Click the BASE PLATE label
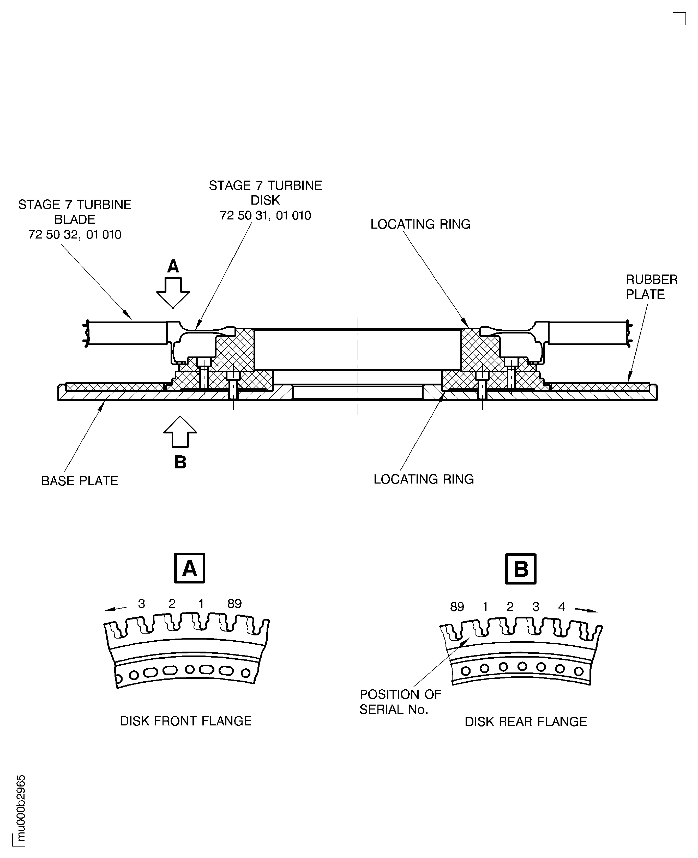coord(80,481)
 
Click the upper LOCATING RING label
coord(420,224)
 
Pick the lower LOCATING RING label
coord(423,479)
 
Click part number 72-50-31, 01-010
coord(265,216)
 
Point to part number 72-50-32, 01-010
coord(75,235)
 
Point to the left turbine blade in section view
coord(127,333)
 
